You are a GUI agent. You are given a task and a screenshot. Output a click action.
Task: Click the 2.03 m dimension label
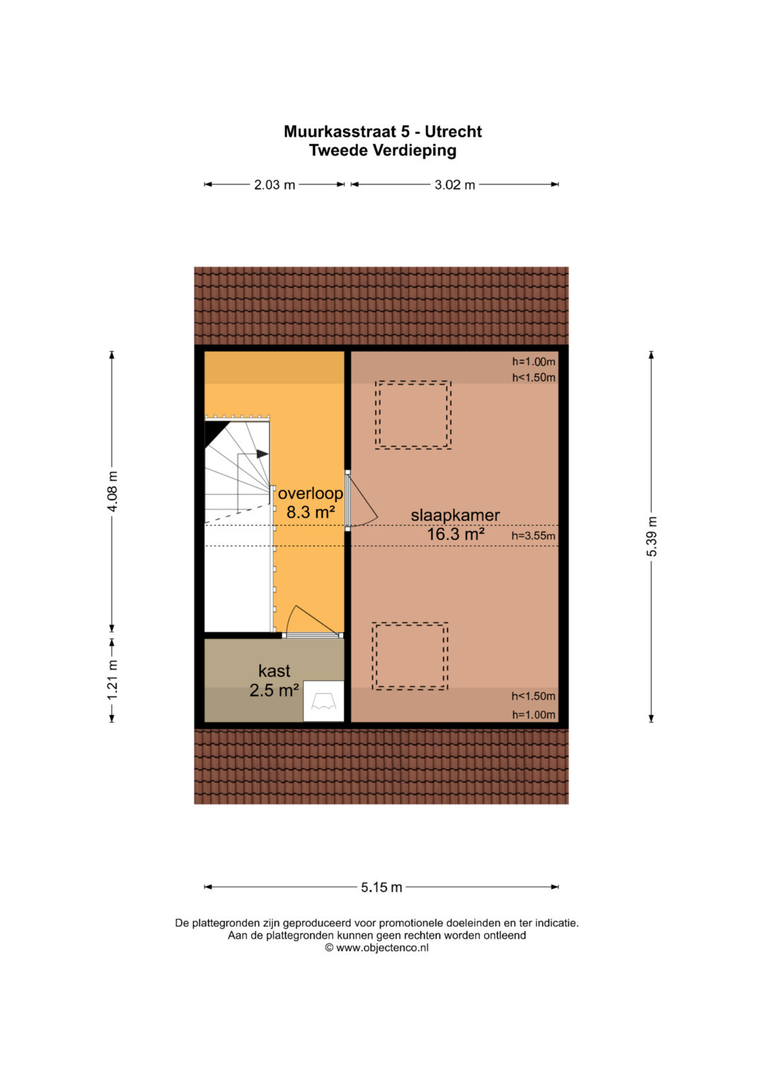point(274,184)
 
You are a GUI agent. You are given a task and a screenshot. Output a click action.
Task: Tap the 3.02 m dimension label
point(454,184)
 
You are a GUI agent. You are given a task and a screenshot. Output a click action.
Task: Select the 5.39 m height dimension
point(651,536)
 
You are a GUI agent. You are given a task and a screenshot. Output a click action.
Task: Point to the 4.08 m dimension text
point(112,491)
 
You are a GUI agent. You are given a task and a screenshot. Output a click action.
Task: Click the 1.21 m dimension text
point(112,680)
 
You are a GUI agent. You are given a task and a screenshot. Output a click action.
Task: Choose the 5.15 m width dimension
point(381,887)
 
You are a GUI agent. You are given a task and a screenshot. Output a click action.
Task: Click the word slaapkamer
point(455,515)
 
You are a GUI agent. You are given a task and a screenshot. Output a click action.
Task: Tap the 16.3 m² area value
point(455,533)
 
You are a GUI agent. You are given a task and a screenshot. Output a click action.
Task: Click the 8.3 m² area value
point(310,512)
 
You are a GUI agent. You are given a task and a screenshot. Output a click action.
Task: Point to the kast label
point(274,671)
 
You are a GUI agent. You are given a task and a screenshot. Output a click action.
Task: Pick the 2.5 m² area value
point(274,690)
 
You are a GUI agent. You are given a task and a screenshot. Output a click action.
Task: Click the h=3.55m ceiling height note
point(533,536)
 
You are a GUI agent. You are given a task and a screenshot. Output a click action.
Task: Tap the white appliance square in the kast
point(324,701)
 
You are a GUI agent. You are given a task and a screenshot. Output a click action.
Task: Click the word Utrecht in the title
point(453,131)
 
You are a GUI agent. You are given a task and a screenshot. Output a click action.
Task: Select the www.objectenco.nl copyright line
point(377,948)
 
